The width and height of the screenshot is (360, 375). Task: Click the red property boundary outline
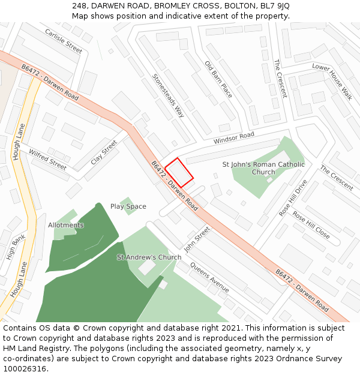click(179, 172)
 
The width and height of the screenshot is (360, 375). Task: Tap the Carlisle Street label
click(63, 40)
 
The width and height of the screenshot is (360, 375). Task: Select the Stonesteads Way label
click(168, 95)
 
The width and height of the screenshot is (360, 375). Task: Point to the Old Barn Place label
click(218, 79)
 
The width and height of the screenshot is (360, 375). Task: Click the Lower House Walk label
click(332, 81)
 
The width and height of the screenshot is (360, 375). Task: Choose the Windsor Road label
click(233, 137)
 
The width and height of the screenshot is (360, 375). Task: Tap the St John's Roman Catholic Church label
click(263, 168)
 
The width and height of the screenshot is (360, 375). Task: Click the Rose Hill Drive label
click(293, 197)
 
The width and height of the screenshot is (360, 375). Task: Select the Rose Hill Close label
click(311, 224)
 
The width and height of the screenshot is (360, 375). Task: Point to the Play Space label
click(128, 206)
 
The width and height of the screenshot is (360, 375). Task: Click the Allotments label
click(66, 225)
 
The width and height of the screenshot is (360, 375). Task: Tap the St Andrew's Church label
click(149, 257)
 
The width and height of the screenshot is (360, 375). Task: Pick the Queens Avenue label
click(209, 277)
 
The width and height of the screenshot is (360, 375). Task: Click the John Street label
click(197, 238)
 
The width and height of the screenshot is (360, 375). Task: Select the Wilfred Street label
click(47, 159)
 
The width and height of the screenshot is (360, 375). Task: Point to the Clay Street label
click(104, 152)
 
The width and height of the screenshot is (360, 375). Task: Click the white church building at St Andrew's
click(147, 267)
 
